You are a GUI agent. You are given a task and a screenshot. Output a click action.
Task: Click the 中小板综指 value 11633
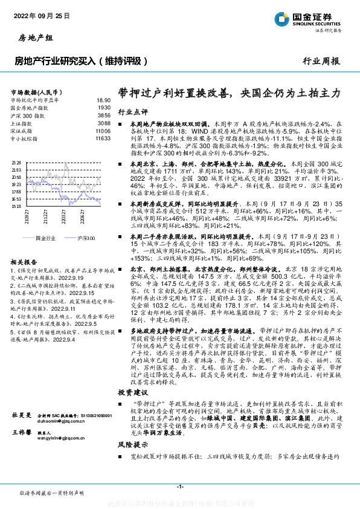pyautogui.click(x=103, y=138)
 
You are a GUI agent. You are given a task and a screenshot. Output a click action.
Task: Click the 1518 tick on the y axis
pyautogui.click(x=17, y=206)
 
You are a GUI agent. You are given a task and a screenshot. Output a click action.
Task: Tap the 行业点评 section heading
pyautogui.click(x=132, y=112)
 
